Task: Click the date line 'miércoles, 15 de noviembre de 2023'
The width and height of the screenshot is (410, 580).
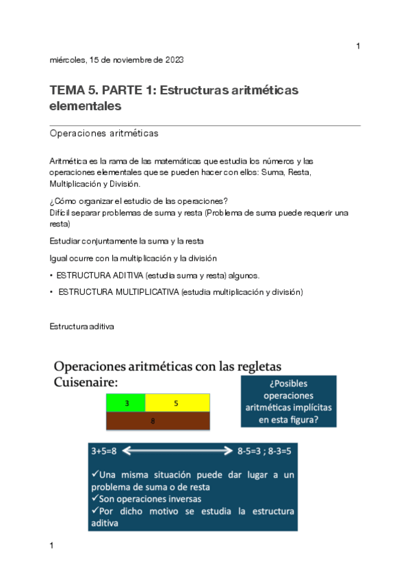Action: click(116, 60)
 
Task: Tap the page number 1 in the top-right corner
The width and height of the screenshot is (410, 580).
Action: click(358, 46)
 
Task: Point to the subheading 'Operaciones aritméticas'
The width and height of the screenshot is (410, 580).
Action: click(104, 133)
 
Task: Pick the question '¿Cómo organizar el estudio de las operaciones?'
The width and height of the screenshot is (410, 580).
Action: click(138, 200)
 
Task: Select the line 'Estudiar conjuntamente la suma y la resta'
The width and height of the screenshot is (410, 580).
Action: click(127, 241)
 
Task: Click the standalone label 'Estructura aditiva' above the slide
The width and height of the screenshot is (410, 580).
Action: click(81, 327)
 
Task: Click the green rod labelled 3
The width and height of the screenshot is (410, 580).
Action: click(126, 404)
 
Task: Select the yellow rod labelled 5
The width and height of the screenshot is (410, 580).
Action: click(177, 404)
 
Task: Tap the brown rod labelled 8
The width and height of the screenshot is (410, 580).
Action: click(157, 421)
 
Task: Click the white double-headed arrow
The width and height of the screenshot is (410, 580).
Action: click(179, 452)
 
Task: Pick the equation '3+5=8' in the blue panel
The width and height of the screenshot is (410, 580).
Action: click(104, 452)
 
